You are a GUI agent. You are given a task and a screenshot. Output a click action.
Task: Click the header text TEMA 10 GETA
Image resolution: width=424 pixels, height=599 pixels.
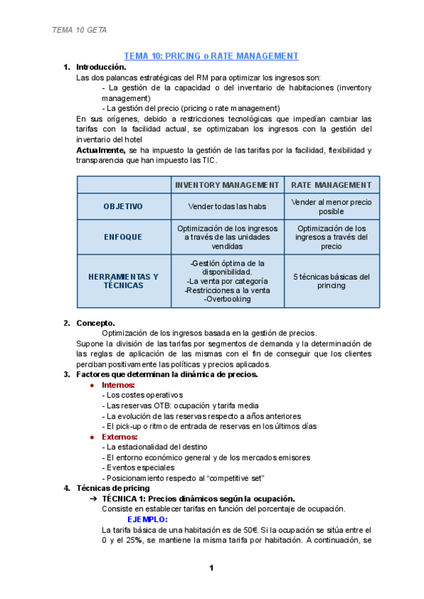coord(79,30)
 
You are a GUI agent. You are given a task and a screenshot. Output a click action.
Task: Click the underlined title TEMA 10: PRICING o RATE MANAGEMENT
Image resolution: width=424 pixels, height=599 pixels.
coord(211,56)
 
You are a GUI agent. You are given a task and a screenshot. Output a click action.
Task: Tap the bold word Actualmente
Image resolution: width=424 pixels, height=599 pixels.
coord(100,150)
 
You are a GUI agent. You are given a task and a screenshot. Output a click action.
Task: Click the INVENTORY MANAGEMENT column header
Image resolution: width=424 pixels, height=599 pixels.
coord(227,185)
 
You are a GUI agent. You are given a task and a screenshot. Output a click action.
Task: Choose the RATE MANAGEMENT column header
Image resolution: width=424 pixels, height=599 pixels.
coord(331,185)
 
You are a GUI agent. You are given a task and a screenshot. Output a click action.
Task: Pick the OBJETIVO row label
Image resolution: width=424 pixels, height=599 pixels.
coord(123,206)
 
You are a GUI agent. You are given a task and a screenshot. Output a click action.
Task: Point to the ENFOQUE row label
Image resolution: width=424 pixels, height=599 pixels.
coord(123,237)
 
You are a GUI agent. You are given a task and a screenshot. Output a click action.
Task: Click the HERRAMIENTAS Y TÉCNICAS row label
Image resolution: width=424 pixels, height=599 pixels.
coord(123,281)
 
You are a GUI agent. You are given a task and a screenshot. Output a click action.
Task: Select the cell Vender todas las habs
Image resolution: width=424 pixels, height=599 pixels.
coord(227,206)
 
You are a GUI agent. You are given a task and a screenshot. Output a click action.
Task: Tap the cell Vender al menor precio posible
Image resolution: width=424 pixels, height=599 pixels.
coord(331,206)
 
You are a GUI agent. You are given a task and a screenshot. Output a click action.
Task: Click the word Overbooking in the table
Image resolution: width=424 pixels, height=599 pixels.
coord(227,299)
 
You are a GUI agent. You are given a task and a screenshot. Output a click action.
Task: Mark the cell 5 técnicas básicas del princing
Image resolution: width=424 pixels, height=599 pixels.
coord(331,281)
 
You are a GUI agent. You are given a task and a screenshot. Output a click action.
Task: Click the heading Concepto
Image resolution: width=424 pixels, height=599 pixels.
coord(95,323)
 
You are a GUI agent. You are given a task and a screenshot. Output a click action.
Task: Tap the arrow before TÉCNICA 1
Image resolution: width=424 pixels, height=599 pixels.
coord(94,499)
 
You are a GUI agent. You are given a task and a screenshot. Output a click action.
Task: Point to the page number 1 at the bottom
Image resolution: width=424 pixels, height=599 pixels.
coord(211,568)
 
